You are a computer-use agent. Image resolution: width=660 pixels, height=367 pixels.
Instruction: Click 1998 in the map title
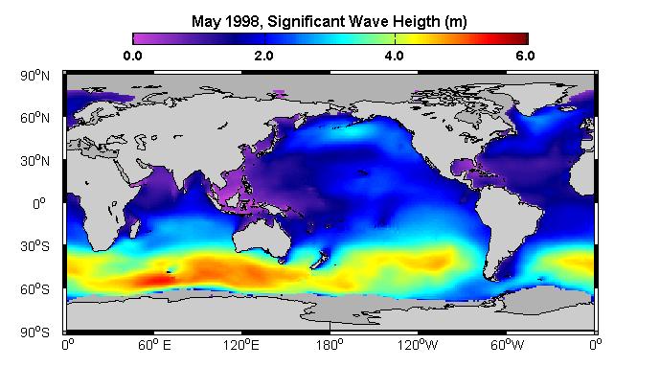242,21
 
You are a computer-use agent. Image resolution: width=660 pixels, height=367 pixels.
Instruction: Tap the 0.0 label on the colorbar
132,56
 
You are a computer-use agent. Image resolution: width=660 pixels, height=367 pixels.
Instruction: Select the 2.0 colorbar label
263,56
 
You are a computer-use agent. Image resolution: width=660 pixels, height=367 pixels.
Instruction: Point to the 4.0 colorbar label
394,56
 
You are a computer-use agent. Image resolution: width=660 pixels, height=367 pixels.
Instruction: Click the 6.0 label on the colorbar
525,56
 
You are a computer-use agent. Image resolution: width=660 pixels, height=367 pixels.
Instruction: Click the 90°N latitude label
34,76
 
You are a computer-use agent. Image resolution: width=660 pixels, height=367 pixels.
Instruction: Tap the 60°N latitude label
34,118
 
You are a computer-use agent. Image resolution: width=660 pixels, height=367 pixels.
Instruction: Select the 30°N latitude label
34,160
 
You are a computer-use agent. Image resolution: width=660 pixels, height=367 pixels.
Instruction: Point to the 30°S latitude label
34,246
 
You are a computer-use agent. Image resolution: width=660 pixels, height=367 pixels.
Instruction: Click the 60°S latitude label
34,288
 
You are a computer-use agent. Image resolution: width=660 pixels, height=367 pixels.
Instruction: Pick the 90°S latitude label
34,333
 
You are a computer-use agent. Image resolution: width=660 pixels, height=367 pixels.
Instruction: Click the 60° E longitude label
154,345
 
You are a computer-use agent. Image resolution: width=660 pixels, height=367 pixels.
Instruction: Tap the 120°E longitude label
241,345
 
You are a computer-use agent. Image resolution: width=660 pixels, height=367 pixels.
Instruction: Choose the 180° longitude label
330,345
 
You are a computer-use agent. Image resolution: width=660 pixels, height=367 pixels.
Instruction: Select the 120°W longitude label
418,345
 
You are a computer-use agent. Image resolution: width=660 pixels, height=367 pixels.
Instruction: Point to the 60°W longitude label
507,345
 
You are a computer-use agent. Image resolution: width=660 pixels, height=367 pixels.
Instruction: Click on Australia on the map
262,239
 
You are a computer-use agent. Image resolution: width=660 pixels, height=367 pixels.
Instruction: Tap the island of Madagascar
135,228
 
